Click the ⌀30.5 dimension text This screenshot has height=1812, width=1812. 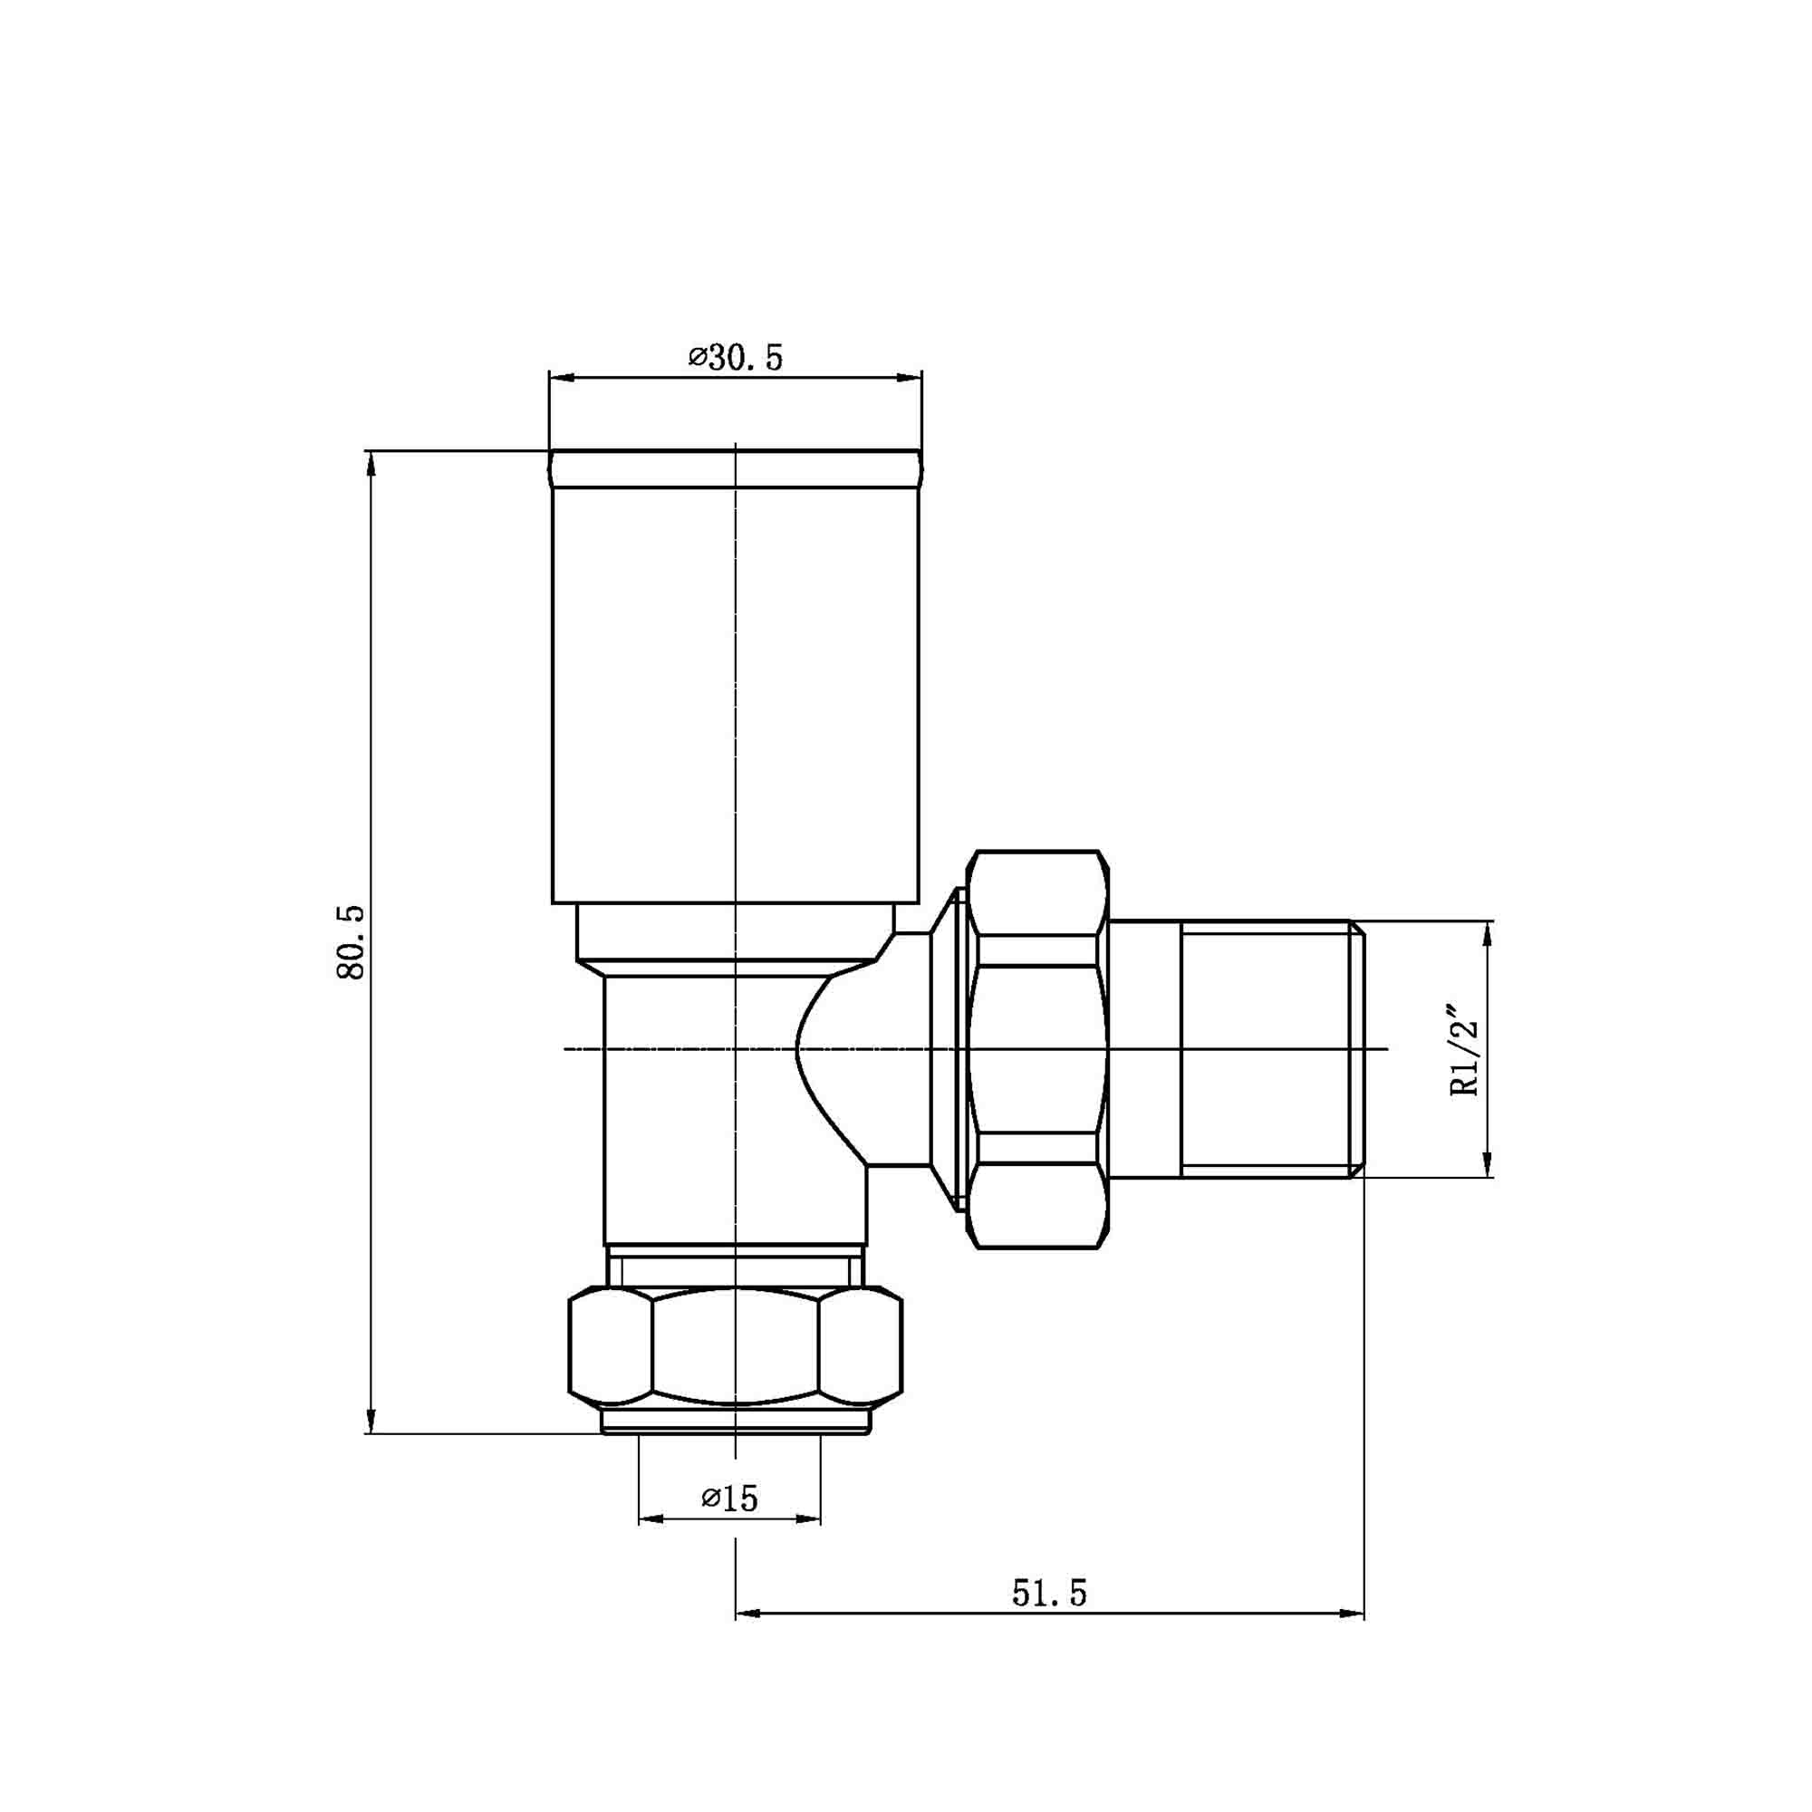click(x=736, y=357)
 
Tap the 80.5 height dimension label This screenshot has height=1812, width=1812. click(x=350, y=942)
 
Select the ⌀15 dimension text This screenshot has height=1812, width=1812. click(x=729, y=1498)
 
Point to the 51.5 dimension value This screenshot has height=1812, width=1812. click(x=1048, y=1593)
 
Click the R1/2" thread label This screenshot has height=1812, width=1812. click(x=1464, y=1050)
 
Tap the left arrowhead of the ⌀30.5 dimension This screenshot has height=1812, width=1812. click(x=561, y=378)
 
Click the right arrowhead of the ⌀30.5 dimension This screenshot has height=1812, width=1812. click(x=910, y=378)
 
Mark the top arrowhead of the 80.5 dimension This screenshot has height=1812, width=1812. click(x=371, y=463)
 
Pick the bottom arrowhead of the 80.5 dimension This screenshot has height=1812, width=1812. click(x=371, y=1421)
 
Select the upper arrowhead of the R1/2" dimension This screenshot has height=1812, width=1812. click(x=1487, y=934)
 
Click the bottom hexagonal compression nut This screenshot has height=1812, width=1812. click(x=736, y=1349)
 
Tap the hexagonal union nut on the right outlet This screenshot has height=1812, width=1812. click(x=1037, y=1048)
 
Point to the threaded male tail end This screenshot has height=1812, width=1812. click(x=1267, y=1048)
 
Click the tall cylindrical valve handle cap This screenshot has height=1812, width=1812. click(x=736, y=694)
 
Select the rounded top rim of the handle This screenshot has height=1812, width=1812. click(x=736, y=470)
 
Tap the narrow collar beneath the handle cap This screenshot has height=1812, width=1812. click(x=736, y=932)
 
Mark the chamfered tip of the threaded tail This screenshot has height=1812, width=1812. click(x=1356, y=1048)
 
